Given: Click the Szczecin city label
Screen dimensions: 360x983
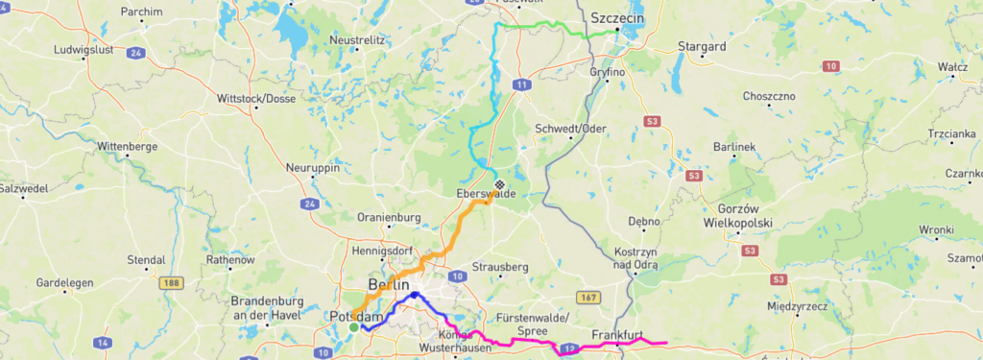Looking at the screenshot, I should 617,18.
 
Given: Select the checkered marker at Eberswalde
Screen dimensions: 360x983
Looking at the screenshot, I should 498,184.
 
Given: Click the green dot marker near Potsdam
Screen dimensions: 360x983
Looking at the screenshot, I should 353,327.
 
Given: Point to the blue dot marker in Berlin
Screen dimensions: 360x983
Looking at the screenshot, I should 414,296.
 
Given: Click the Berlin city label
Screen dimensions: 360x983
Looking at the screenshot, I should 388,286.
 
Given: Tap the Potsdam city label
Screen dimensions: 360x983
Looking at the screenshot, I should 356,316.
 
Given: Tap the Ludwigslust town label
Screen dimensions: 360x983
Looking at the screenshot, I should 84,48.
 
